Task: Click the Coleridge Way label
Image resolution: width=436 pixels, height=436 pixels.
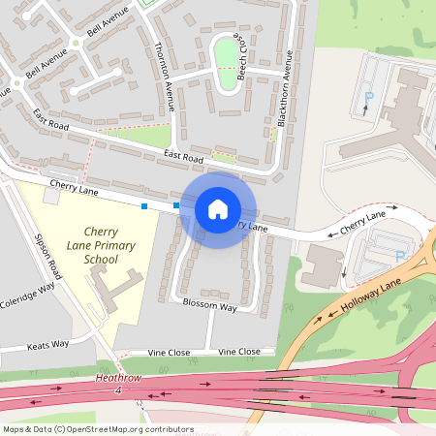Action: pos(26,295)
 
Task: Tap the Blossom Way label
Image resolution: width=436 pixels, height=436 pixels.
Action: pos(210,307)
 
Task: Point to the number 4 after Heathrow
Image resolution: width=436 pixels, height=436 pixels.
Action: pos(117,390)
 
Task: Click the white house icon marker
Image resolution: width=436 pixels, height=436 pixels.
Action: pos(218,209)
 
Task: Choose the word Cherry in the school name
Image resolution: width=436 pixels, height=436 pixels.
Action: pos(102,232)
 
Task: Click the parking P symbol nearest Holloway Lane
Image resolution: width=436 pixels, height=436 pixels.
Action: pos(399,256)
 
